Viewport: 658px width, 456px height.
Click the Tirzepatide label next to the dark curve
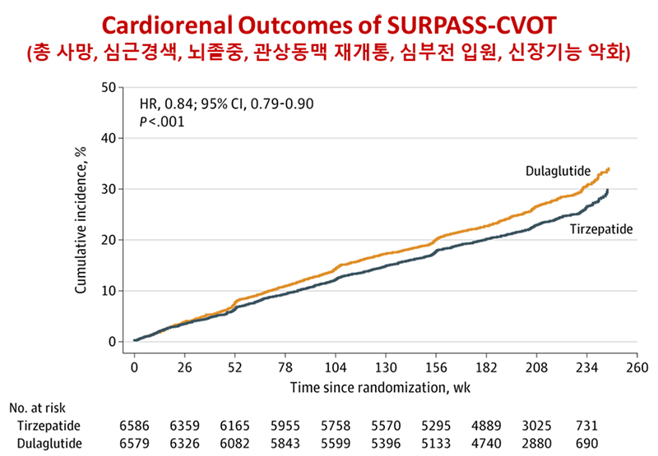click(x=601, y=229)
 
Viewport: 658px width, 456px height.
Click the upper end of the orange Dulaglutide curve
click(x=608, y=168)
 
